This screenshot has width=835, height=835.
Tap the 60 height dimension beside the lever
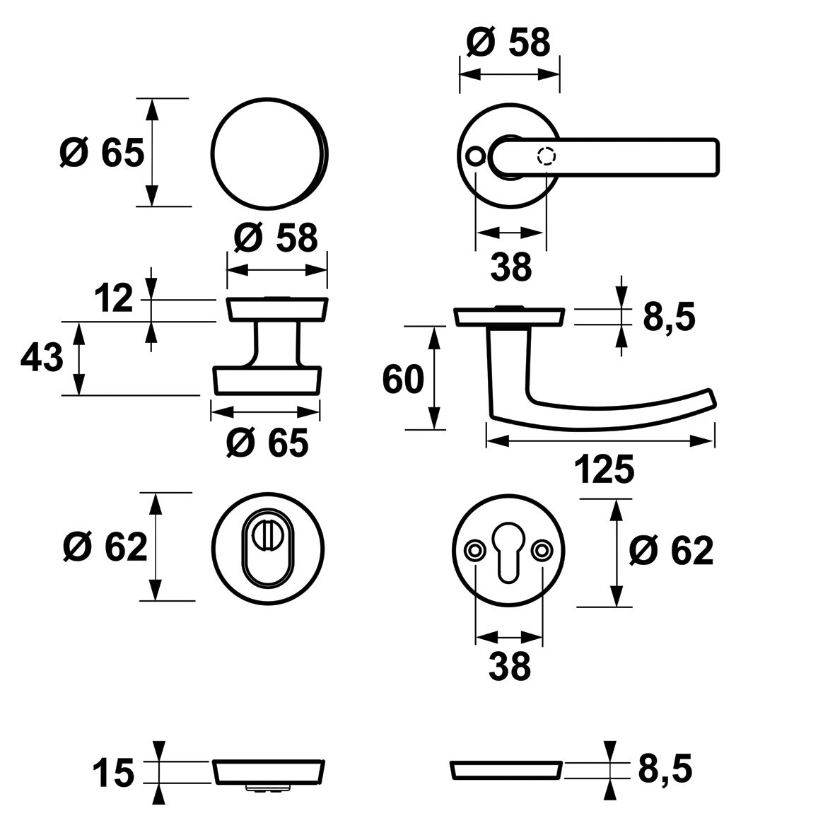pyautogui.click(x=402, y=380)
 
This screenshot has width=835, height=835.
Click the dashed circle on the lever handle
pyautogui.click(x=547, y=156)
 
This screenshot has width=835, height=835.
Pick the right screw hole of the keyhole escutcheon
pyautogui.click(x=543, y=549)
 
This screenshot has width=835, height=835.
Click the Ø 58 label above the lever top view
pyautogui.click(x=508, y=43)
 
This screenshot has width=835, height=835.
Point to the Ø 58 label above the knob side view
pyautogui.click(x=276, y=238)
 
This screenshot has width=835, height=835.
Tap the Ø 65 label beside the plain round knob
pyautogui.click(x=102, y=153)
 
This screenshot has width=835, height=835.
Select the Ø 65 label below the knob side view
pyautogui.click(x=267, y=443)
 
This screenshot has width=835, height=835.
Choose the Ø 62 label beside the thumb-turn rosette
pyautogui.click(x=105, y=547)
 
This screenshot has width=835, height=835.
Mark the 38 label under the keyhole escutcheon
pyautogui.click(x=509, y=666)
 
